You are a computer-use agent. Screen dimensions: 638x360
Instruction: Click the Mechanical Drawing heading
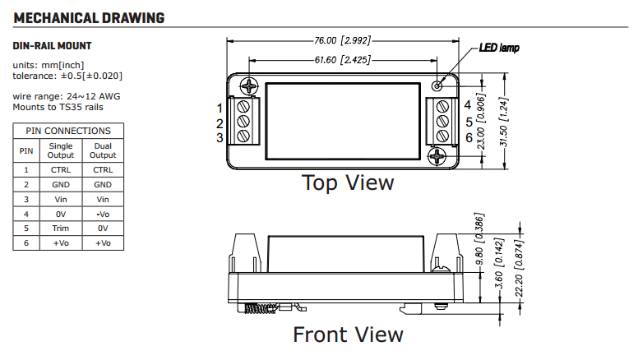click(x=89, y=18)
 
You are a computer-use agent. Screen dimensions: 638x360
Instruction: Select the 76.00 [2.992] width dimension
click(x=342, y=40)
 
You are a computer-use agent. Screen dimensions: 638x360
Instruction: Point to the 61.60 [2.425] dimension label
click(x=342, y=60)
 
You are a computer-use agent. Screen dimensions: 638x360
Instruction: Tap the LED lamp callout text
click(x=499, y=48)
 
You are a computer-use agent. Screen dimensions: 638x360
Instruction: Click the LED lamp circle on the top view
click(x=437, y=85)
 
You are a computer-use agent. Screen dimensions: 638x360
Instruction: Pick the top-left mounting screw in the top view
click(x=249, y=85)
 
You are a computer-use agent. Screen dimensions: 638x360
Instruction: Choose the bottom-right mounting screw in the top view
click(x=437, y=156)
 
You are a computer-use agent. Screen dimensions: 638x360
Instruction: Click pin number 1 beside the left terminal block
click(x=220, y=108)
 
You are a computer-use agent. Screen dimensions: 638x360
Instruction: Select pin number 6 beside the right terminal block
click(x=469, y=137)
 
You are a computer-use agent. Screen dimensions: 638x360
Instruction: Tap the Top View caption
click(x=348, y=182)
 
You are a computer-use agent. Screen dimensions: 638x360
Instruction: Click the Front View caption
click(x=348, y=335)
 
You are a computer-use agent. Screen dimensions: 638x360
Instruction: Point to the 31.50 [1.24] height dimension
click(x=504, y=122)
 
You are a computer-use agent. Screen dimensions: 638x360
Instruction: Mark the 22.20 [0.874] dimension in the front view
click(x=519, y=269)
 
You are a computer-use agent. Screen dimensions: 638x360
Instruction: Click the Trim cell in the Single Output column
click(x=61, y=228)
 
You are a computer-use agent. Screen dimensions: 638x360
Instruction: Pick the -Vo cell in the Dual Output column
click(x=103, y=214)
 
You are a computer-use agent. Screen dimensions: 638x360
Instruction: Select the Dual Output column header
click(x=103, y=150)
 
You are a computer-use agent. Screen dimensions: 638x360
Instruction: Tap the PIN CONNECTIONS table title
click(x=68, y=131)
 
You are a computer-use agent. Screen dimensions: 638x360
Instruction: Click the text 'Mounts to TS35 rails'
click(x=58, y=107)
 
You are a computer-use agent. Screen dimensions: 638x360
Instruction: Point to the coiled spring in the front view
click(x=261, y=309)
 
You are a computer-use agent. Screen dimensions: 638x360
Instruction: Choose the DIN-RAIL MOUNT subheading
click(x=52, y=45)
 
